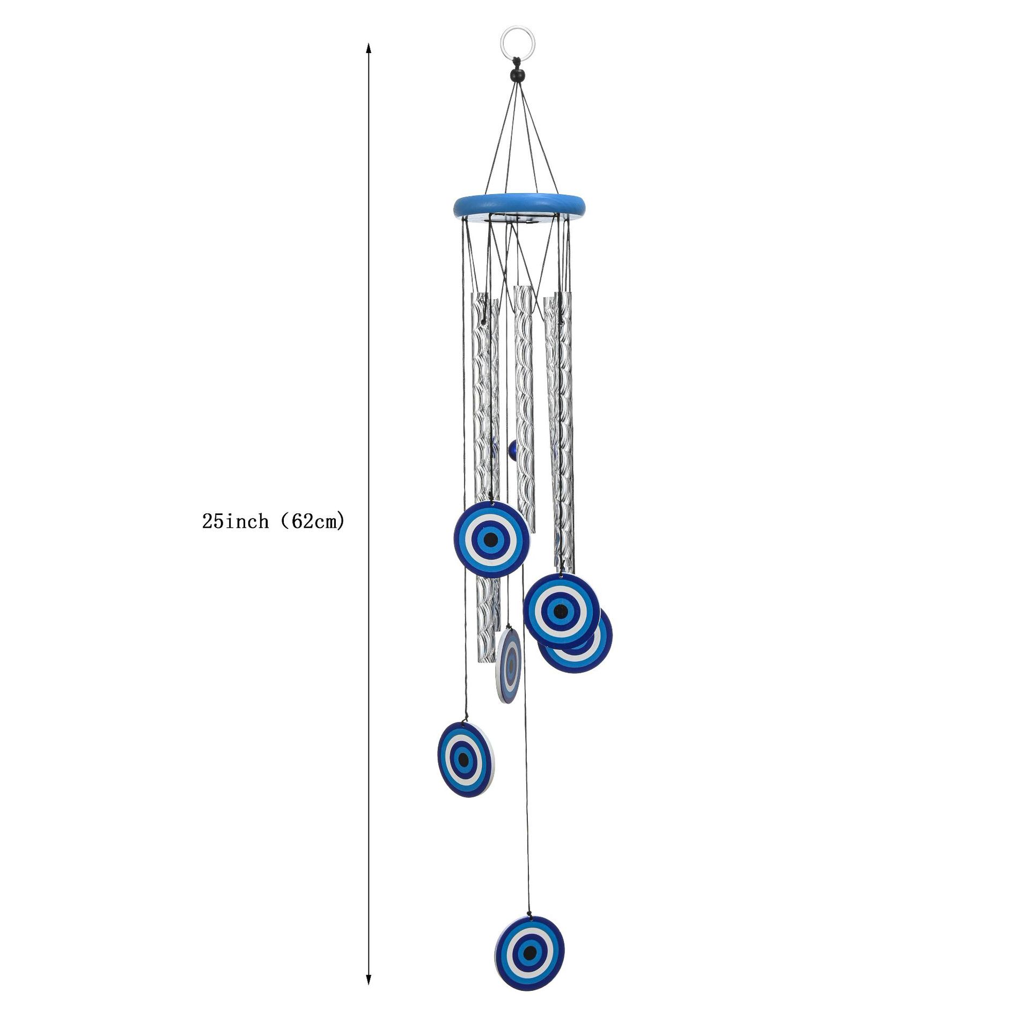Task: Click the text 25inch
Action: coord(235,521)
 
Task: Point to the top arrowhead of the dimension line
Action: coord(368,48)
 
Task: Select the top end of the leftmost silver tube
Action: coord(483,297)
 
